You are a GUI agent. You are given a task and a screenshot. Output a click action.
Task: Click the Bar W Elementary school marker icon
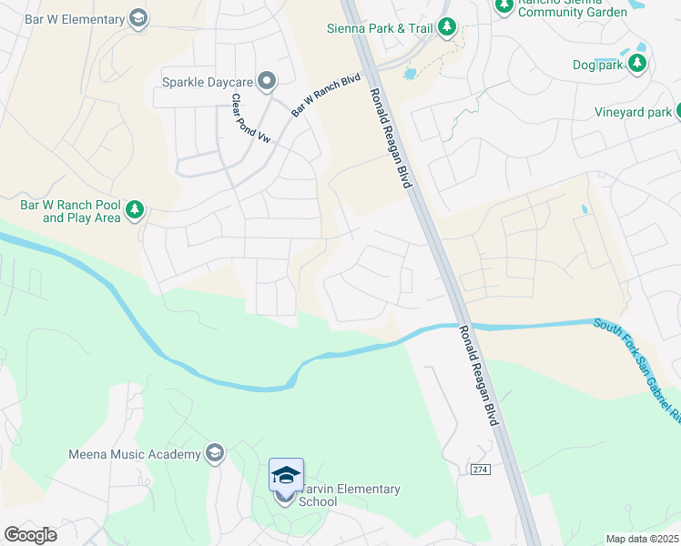[138, 18]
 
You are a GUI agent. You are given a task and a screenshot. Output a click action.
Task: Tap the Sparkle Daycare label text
[207, 82]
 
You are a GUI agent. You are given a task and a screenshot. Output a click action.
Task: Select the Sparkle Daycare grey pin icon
[267, 82]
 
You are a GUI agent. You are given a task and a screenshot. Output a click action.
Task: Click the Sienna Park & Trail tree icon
[446, 28]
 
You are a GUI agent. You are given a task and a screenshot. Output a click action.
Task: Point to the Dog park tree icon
[638, 64]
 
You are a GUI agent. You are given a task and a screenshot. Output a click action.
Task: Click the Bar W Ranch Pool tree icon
[135, 211]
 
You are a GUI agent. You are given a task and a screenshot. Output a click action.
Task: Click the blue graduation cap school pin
[286, 475]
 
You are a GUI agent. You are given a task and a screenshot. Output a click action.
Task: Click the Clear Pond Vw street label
[239, 119]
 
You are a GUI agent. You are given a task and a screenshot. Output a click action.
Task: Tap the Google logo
[30, 535]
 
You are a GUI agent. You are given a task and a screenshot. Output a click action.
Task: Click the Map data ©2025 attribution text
[643, 539]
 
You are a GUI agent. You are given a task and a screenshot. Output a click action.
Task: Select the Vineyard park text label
[634, 113]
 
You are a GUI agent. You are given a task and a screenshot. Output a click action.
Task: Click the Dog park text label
[596, 65]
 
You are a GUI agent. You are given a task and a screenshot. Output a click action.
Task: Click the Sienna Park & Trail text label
[380, 28]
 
